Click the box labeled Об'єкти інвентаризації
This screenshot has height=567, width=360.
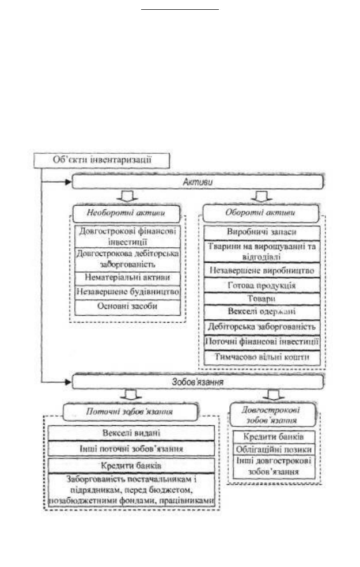(x=101, y=160)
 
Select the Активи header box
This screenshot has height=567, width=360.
(x=198, y=182)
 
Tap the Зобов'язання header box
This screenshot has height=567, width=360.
(x=198, y=382)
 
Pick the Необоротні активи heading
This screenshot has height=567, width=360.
(x=126, y=213)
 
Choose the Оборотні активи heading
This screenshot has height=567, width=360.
(x=260, y=213)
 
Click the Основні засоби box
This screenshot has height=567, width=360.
(x=128, y=307)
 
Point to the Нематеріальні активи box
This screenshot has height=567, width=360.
(x=128, y=278)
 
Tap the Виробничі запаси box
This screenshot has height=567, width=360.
(x=262, y=233)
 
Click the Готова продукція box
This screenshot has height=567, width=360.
(x=262, y=286)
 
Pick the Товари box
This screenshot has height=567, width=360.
(x=262, y=299)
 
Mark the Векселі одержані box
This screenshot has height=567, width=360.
(x=262, y=312)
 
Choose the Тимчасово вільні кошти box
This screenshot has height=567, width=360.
(x=262, y=357)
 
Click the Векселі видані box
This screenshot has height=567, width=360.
(x=131, y=433)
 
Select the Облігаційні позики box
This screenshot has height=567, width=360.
(x=274, y=449)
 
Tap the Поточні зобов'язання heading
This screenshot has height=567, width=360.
(x=131, y=412)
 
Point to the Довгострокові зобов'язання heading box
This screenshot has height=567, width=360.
(x=273, y=415)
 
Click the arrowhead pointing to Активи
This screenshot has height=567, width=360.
(x=69, y=182)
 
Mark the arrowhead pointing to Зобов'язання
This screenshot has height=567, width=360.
(x=69, y=382)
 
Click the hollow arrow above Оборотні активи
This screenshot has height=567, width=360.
(x=262, y=196)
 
